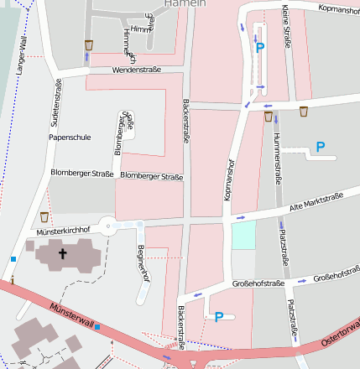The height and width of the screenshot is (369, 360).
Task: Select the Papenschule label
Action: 70,137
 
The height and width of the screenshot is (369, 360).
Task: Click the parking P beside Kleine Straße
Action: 259,48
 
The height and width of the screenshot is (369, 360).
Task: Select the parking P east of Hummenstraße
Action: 320,148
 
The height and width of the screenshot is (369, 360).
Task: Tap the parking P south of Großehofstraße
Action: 219,317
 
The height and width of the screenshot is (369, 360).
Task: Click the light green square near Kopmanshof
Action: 243,236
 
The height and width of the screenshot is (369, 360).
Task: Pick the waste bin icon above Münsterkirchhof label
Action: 44,217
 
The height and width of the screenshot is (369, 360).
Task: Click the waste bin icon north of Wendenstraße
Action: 89,44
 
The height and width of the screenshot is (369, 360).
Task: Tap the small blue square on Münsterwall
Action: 97,326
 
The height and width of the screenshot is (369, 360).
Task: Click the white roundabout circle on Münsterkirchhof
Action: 107,225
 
